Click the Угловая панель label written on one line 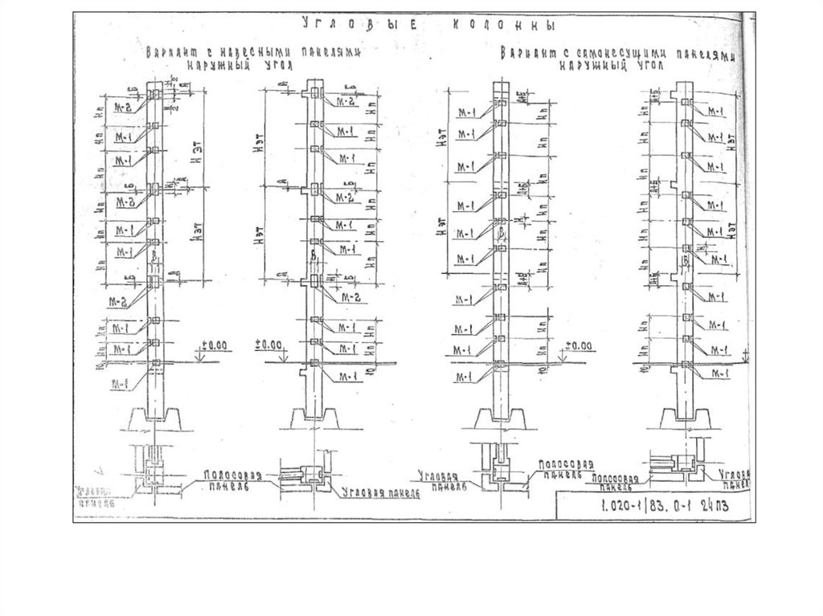pos(381,491)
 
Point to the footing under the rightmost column pos(684,418)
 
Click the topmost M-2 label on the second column pos(347,102)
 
